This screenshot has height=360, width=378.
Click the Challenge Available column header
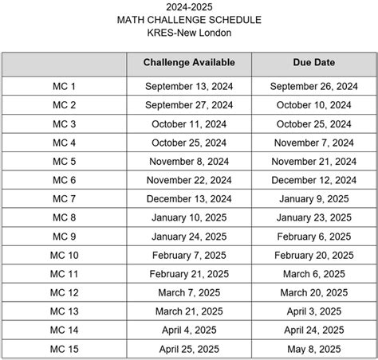click(188, 63)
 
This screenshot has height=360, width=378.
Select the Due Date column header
click(313, 63)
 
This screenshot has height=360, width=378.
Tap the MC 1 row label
click(64, 85)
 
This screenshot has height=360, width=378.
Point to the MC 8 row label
click(64, 217)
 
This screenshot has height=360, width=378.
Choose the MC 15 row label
click(64, 349)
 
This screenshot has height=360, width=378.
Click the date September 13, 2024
click(189, 85)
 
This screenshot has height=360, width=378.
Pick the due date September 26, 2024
click(313, 85)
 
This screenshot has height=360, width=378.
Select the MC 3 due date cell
click(313, 123)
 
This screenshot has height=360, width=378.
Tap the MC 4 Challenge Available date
click(189, 143)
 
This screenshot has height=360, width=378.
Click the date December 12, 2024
click(313, 180)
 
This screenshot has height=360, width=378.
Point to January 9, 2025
click(313, 198)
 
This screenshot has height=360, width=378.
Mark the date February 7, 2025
click(189, 255)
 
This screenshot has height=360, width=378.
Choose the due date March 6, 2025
click(313, 274)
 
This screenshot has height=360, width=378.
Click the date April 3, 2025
click(313, 311)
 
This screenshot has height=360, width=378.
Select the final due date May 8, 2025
click(313, 349)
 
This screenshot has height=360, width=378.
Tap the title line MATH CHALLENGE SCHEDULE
click(189, 20)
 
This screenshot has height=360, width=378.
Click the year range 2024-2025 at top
click(189, 7)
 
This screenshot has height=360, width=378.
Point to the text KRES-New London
click(189, 33)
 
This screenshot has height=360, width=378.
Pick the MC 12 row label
click(64, 292)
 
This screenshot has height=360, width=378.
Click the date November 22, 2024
click(189, 180)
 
